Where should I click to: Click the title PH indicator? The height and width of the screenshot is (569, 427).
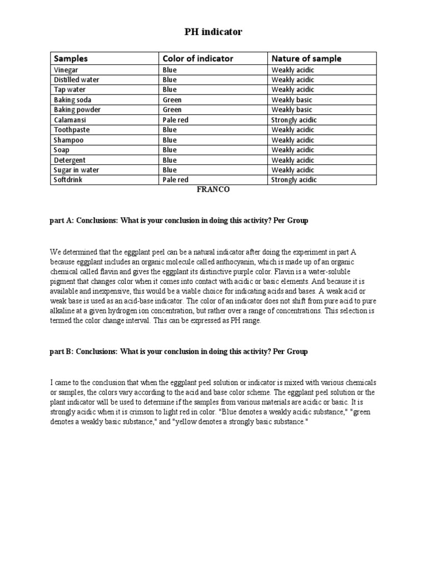(213, 32)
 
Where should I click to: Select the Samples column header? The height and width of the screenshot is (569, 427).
(71, 58)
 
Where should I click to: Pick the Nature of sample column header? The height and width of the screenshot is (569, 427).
(306, 58)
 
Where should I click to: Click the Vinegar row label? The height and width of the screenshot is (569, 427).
(66, 70)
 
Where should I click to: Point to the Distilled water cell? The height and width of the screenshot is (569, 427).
(77, 80)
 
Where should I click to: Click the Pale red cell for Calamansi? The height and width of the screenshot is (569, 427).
(176, 120)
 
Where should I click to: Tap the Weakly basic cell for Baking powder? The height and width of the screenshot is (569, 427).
(291, 110)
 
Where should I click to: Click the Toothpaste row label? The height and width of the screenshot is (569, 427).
(72, 130)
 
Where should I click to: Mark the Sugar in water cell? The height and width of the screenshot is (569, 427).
(76, 170)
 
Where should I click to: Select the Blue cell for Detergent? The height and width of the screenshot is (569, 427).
(170, 160)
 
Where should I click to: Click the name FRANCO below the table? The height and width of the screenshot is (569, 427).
(213, 189)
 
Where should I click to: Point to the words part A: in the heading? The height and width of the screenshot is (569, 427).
(62, 221)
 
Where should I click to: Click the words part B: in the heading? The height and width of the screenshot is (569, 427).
(62, 352)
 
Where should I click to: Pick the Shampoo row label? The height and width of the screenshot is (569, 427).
(68, 140)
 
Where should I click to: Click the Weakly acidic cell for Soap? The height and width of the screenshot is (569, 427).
(292, 150)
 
